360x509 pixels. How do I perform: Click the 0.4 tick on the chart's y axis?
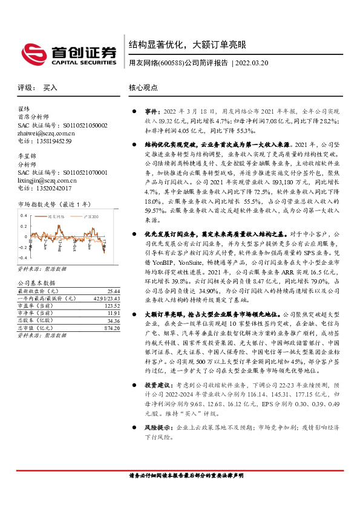coord(22,215)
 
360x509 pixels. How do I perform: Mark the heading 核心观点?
coord(143,88)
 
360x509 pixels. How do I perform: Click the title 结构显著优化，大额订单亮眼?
coord(188,44)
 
